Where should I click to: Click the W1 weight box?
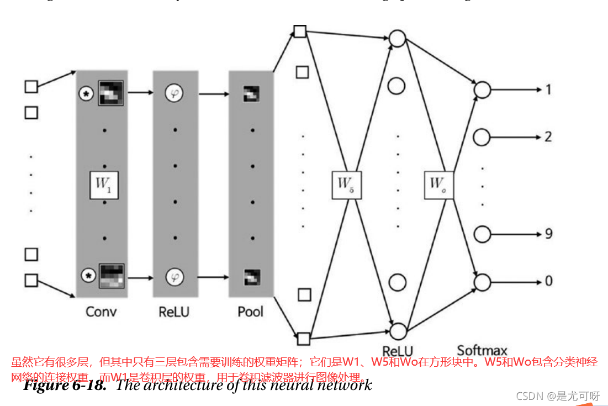point(104,184)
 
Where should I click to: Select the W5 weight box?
point(346,184)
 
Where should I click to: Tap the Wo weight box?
point(439,184)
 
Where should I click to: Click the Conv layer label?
point(101,312)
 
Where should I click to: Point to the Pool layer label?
point(251,312)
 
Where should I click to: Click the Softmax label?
point(482,350)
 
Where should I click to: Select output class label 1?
point(548,89)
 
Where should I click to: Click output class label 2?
point(548,136)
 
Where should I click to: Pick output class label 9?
point(548,234)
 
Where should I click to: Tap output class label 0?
point(548,281)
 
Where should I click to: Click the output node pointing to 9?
point(482,234)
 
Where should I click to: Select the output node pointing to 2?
point(482,136)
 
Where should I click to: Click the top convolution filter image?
point(111,93)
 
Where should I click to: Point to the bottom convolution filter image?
point(111,276)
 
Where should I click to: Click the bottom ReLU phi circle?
point(175,276)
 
